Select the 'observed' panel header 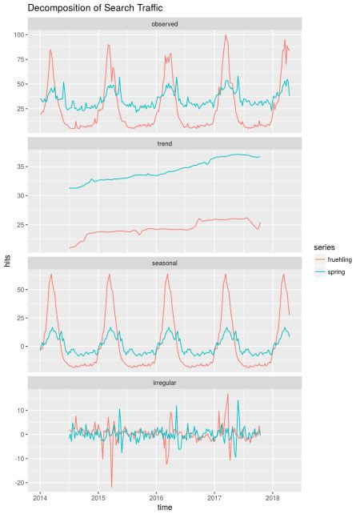[164, 24]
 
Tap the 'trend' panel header [164, 143]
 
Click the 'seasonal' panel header [164, 263]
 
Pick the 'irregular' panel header [164, 383]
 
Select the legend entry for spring [325, 273]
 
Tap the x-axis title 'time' [164, 507]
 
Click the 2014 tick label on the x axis [40, 496]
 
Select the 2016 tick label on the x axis [156, 496]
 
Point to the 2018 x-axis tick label [273, 496]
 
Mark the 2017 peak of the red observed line [226, 35]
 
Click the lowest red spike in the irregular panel [111, 487]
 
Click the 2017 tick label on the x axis [214, 496]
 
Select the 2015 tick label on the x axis [98, 496]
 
